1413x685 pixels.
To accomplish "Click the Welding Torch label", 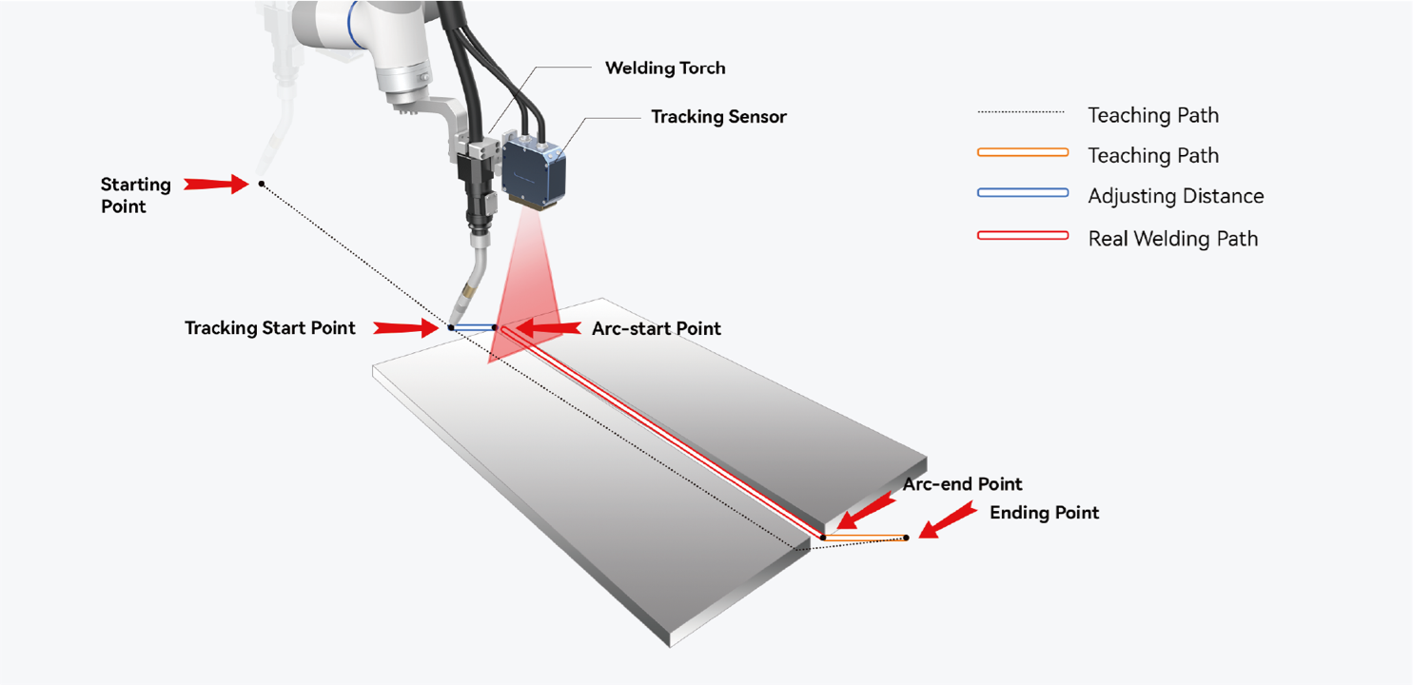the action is [x=665, y=68].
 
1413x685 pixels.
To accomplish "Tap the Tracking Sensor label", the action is [x=718, y=117].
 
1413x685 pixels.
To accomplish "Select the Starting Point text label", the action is [x=136, y=196].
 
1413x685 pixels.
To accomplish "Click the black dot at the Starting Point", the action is [x=261, y=185].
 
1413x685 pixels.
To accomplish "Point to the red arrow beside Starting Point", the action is [x=216, y=185].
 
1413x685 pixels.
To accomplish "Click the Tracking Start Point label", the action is [x=270, y=328].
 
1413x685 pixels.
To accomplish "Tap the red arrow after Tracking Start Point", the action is [x=405, y=328].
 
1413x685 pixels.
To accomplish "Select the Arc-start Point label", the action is [x=656, y=328].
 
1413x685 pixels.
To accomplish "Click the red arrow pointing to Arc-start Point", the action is [x=547, y=328].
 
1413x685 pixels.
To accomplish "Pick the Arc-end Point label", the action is [x=962, y=484].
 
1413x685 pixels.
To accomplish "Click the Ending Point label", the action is [x=1044, y=513].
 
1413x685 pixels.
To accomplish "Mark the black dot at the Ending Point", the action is [x=906, y=538].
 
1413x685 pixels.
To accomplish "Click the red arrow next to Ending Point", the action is [x=948, y=520].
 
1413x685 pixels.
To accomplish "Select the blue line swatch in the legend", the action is [x=1023, y=192].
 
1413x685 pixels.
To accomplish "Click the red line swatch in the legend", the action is [x=1023, y=235].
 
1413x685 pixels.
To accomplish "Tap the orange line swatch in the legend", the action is [x=1023, y=152].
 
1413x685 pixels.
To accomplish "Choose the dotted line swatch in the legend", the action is [x=1021, y=112].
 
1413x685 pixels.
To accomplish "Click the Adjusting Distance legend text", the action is [x=1176, y=196].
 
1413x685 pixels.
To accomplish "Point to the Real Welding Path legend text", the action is [x=1172, y=239].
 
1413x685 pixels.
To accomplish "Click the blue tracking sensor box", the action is [x=534, y=171].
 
